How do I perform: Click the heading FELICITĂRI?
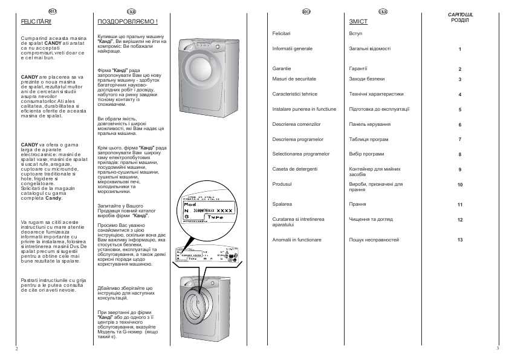click(x=36, y=21)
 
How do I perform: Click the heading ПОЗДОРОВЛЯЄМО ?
click(x=128, y=21)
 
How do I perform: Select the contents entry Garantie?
click(x=282, y=69)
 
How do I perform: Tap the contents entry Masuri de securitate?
click(x=294, y=79)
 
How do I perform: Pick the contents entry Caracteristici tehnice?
click(x=296, y=94)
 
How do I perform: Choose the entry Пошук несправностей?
click(x=374, y=240)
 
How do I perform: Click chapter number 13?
click(x=460, y=240)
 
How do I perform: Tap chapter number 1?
click(x=460, y=49)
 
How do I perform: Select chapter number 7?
click(x=460, y=140)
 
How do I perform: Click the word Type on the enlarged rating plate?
click(x=215, y=217)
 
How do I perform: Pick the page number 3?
click(x=497, y=349)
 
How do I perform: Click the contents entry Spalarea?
click(x=282, y=205)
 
